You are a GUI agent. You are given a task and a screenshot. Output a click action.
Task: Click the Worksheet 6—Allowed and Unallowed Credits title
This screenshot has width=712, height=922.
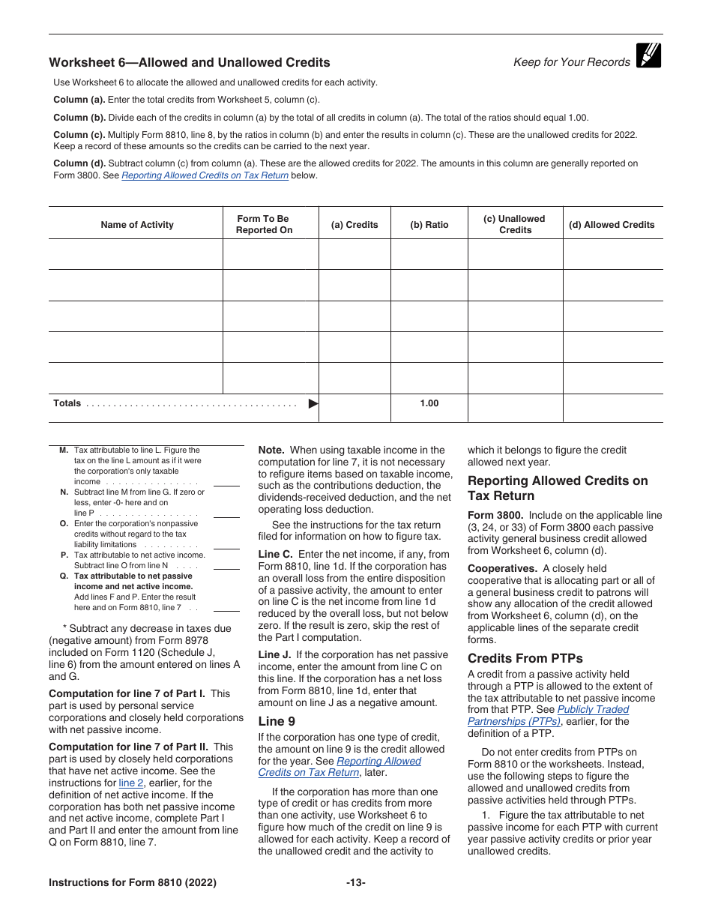pyautogui.click(x=189, y=62)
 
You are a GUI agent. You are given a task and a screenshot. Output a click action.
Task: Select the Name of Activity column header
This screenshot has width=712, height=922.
pyautogui.click(x=136, y=225)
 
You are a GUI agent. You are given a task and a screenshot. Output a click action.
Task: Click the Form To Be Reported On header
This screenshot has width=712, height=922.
pyautogui.click(x=264, y=224)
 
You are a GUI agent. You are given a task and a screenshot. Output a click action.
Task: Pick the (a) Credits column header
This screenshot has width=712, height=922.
pyautogui.click(x=355, y=225)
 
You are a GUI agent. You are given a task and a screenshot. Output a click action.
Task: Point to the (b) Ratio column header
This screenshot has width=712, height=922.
pyautogui.click(x=429, y=225)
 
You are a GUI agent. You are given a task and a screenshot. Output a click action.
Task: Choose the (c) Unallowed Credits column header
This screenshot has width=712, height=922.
pyautogui.click(x=514, y=224)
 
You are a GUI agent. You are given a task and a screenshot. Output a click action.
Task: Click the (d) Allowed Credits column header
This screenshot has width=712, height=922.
pyautogui.click(x=612, y=225)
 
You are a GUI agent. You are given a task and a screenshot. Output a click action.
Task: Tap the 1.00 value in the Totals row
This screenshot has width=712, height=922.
pyautogui.click(x=429, y=403)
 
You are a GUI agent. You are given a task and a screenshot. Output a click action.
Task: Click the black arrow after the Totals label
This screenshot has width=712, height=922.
pyautogui.click(x=313, y=403)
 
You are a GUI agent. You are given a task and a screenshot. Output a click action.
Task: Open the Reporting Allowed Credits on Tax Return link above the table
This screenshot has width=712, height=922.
pyautogui.click(x=205, y=175)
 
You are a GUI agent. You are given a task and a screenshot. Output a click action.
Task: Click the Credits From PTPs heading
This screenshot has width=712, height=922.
pyautogui.click(x=525, y=658)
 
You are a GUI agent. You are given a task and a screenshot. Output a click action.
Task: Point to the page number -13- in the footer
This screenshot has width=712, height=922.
pyautogui.click(x=355, y=882)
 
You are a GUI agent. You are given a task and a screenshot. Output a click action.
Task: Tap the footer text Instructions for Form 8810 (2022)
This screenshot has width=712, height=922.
pyautogui.click(x=133, y=882)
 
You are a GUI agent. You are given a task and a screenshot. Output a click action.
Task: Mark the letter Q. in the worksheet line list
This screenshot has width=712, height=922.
pyautogui.click(x=64, y=576)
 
